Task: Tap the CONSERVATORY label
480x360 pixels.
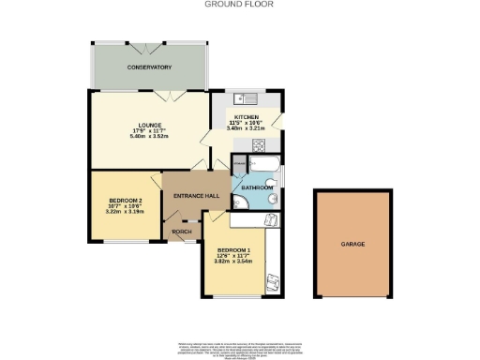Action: pos(150,67)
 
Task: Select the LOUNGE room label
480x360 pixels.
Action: pos(148,124)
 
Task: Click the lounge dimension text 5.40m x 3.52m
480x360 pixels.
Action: pos(148,137)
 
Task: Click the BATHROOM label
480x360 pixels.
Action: pos(258,187)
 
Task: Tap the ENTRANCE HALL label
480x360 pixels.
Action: pos(196,195)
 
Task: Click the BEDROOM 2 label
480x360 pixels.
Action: pos(125,202)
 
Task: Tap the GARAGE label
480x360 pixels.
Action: pos(352,245)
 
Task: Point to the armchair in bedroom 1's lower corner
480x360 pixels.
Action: pos(272,282)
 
